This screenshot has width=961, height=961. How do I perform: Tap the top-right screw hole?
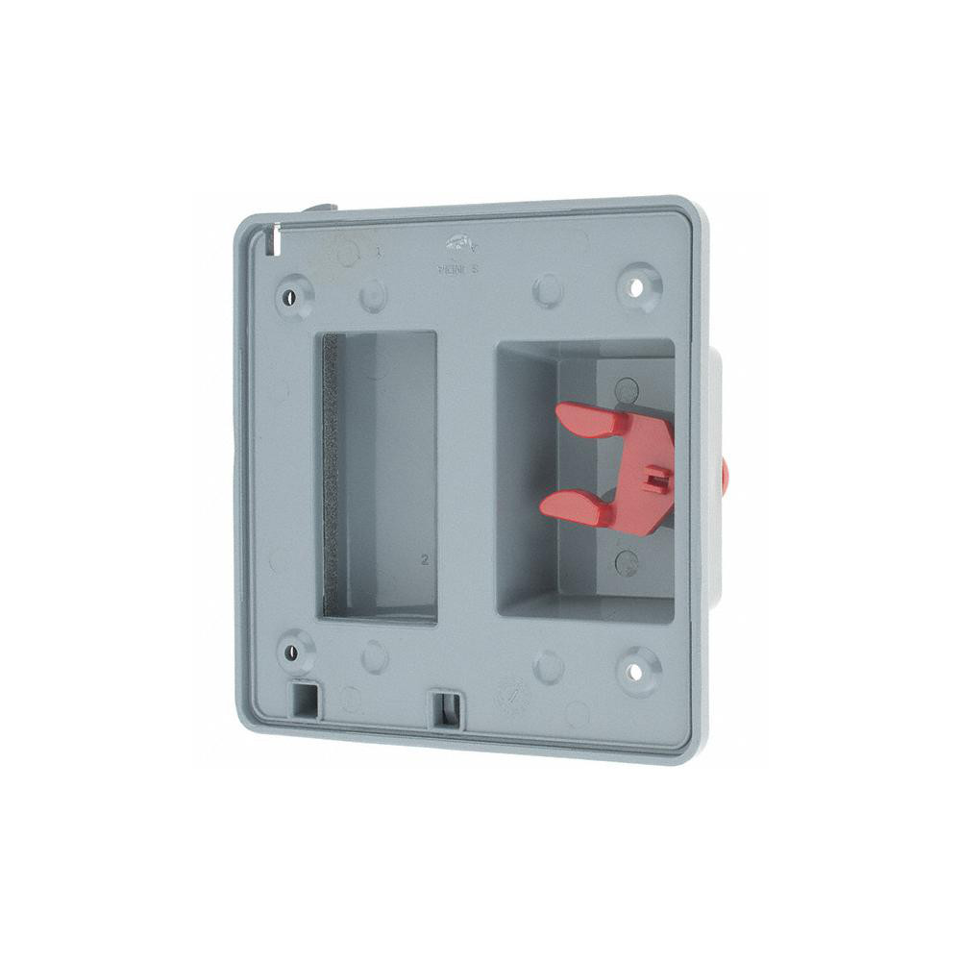635,285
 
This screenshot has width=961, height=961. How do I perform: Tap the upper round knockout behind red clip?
627,389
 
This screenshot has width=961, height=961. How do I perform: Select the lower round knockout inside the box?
627,562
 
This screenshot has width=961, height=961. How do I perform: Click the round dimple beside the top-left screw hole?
374,296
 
